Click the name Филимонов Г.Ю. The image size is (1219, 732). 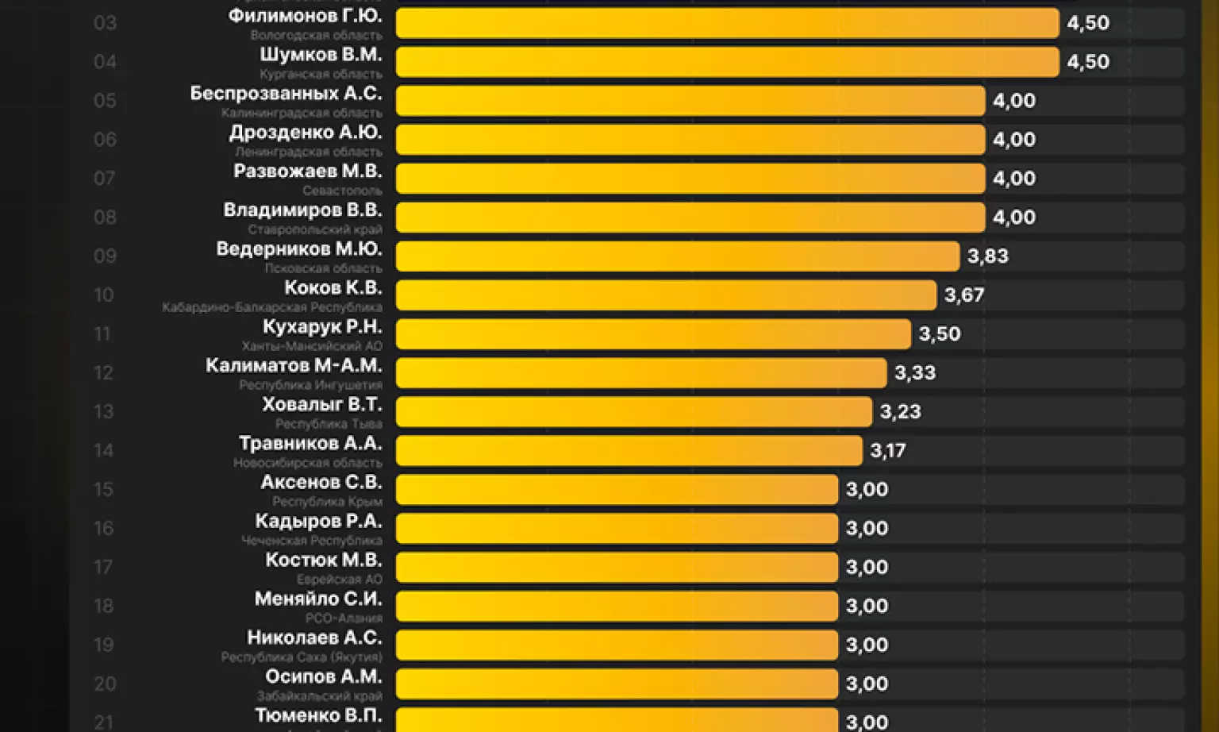(305, 16)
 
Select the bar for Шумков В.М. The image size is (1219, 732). (727, 62)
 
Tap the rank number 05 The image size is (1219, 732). (105, 101)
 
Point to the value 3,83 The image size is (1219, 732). (988, 256)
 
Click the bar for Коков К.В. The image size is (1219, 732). (666, 295)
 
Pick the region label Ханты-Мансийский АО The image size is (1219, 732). (312, 346)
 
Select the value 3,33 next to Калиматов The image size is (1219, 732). (915, 373)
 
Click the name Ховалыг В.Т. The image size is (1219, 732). (322, 405)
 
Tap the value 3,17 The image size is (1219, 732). (887, 451)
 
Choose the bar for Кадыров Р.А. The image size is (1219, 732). (617, 529)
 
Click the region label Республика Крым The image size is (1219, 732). (327, 502)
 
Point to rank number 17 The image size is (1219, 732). (103, 568)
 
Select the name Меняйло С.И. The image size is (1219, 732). (318, 599)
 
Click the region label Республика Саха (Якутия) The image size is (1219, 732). (302, 657)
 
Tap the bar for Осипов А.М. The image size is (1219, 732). (617, 684)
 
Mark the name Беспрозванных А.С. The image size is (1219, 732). (286, 94)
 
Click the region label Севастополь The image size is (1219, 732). (342, 191)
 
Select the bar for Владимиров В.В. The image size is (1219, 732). (690, 218)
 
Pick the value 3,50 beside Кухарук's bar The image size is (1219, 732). (940, 334)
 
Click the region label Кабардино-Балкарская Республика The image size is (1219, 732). (272, 307)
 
